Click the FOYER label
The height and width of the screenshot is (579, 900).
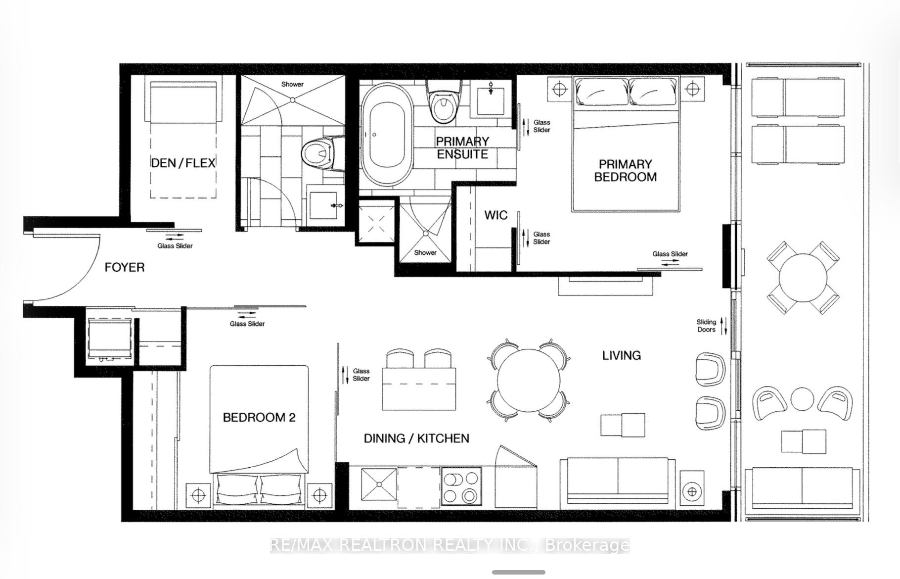125,268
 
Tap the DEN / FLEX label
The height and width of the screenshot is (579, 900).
183,163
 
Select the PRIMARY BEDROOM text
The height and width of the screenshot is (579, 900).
626,170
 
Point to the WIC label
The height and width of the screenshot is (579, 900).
496,215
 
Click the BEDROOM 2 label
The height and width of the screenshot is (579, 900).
259,418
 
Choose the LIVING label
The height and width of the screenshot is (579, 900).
622,355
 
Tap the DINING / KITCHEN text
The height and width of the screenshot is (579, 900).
416,438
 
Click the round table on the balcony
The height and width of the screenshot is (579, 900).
803,277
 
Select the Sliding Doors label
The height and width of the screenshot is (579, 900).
706,326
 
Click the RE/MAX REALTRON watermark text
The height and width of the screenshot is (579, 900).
450,545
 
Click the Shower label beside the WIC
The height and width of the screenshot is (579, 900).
425,252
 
